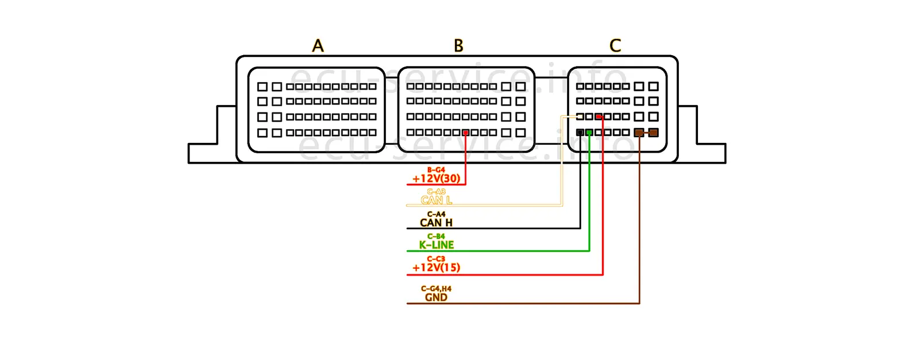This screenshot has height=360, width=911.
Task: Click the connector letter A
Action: click(x=318, y=46)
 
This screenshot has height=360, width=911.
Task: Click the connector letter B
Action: click(x=458, y=46)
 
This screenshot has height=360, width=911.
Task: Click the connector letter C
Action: click(x=615, y=46)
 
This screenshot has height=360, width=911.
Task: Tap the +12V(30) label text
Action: click(x=437, y=179)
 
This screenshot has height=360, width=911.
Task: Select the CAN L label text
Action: click(x=437, y=200)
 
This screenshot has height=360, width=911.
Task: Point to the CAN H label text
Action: click(x=437, y=223)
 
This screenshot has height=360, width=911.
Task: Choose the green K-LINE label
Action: click(x=437, y=245)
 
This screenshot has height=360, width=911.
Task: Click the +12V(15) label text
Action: click(x=437, y=268)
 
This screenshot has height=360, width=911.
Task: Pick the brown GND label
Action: click(x=437, y=297)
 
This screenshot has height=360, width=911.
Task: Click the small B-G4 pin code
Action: click(x=437, y=170)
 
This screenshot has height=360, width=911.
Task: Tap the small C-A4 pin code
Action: click(x=437, y=214)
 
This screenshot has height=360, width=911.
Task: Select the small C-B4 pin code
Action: click(x=437, y=237)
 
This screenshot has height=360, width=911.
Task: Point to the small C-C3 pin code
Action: click(x=437, y=259)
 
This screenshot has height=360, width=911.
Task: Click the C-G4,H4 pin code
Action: click(x=437, y=289)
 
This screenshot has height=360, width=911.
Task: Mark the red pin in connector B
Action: click(x=465, y=133)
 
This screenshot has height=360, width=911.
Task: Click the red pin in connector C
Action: click(x=599, y=117)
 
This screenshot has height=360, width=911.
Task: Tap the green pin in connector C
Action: click(x=589, y=133)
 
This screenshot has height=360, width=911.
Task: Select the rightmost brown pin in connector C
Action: click(x=653, y=133)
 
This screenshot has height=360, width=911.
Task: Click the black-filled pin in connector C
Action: click(x=580, y=133)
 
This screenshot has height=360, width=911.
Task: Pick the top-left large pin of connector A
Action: click(x=263, y=87)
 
